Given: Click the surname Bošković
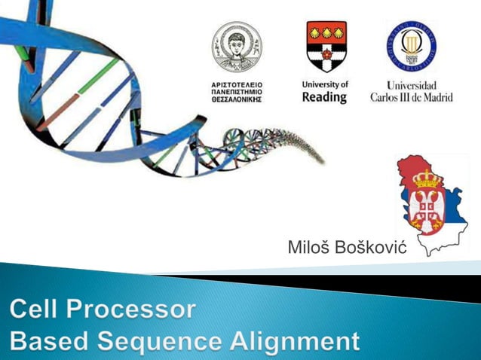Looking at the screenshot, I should pyautogui.click(x=371, y=246).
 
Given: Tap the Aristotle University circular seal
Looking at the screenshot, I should pyautogui.click(x=236, y=47).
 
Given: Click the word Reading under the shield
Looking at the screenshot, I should pyautogui.click(x=324, y=97).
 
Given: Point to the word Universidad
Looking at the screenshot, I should pyautogui.click(x=411, y=85).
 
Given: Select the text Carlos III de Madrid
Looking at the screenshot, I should pyautogui.click(x=411, y=97).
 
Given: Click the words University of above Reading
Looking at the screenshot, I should pyautogui.click(x=324, y=84).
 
